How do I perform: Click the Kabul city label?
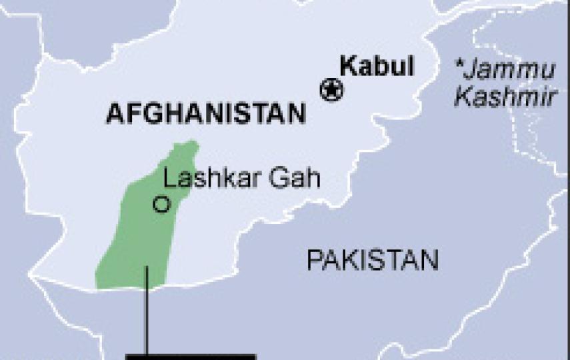click(377, 67)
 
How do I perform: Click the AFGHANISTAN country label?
click(206, 114)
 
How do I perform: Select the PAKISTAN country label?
click(373, 260)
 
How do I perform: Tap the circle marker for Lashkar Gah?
click(161, 204)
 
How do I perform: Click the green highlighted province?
click(140, 240)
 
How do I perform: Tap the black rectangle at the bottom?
click(191, 357)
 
